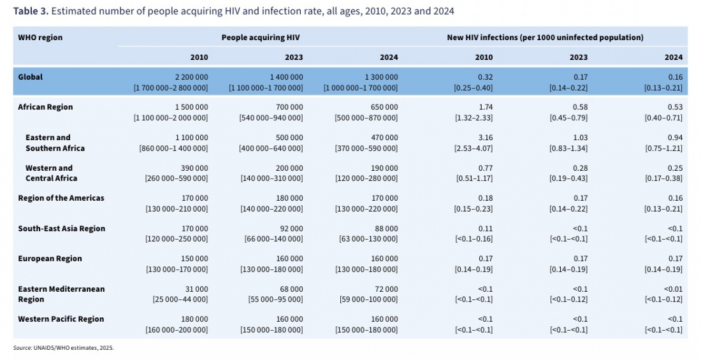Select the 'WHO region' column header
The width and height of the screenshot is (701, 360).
click(40, 38)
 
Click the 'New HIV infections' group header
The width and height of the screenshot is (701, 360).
click(545, 38)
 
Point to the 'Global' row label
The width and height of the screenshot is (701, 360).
click(31, 76)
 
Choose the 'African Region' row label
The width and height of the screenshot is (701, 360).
click(45, 107)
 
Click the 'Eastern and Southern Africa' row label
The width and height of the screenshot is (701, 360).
click(55, 143)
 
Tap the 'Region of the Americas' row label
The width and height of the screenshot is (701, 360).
click(61, 198)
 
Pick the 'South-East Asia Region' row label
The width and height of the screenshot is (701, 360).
click(61, 228)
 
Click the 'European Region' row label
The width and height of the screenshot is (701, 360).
click(50, 259)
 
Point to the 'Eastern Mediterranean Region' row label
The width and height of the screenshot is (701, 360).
click(61, 294)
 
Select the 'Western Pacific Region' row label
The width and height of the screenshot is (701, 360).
click(61, 319)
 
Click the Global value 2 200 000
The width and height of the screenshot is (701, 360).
click(191, 76)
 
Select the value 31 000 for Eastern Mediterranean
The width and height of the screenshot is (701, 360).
click(194, 289)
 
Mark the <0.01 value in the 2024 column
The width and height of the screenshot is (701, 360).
click(672, 289)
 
